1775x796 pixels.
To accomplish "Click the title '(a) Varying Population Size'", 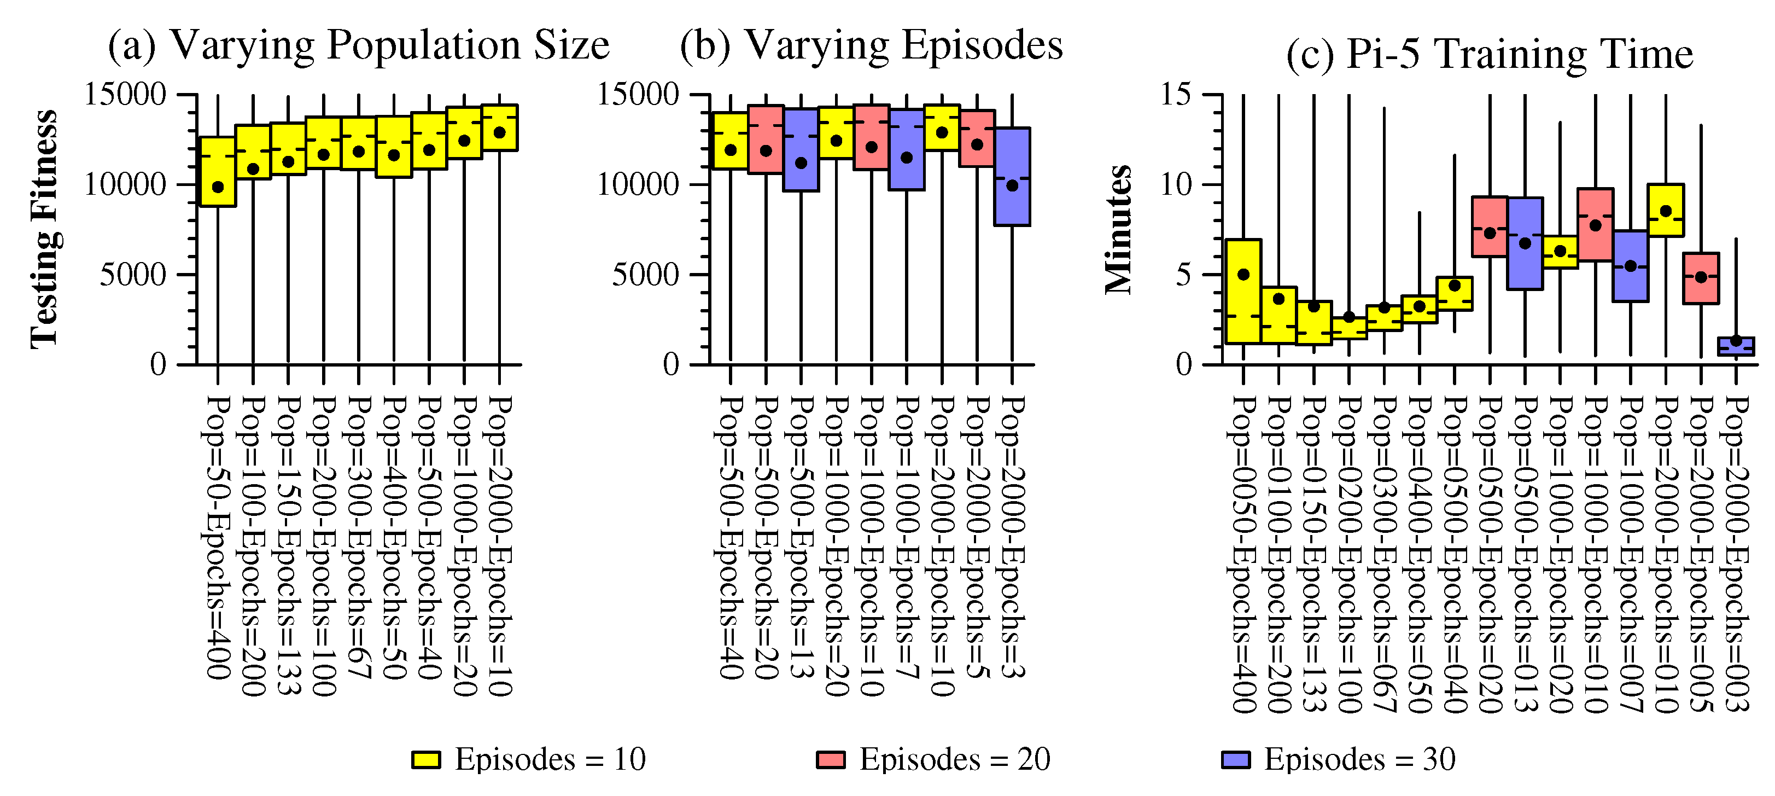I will click(x=358, y=45).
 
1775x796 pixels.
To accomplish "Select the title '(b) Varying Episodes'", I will click(x=871, y=45).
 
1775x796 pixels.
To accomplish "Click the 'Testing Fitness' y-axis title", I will click(x=45, y=229).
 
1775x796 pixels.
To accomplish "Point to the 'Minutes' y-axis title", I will click(x=1118, y=229).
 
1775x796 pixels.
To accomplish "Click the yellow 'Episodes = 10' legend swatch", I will click(x=426, y=759).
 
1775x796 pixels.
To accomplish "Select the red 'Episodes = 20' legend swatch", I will click(x=830, y=759).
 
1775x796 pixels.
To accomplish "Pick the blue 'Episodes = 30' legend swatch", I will click(x=1235, y=759).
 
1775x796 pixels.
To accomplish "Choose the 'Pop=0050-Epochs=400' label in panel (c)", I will click(x=1243, y=554).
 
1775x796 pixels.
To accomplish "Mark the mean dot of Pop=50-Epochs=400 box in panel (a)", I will click(x=218, y=187).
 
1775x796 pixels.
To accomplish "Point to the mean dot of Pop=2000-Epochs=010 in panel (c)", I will click(x=1666, y=211).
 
